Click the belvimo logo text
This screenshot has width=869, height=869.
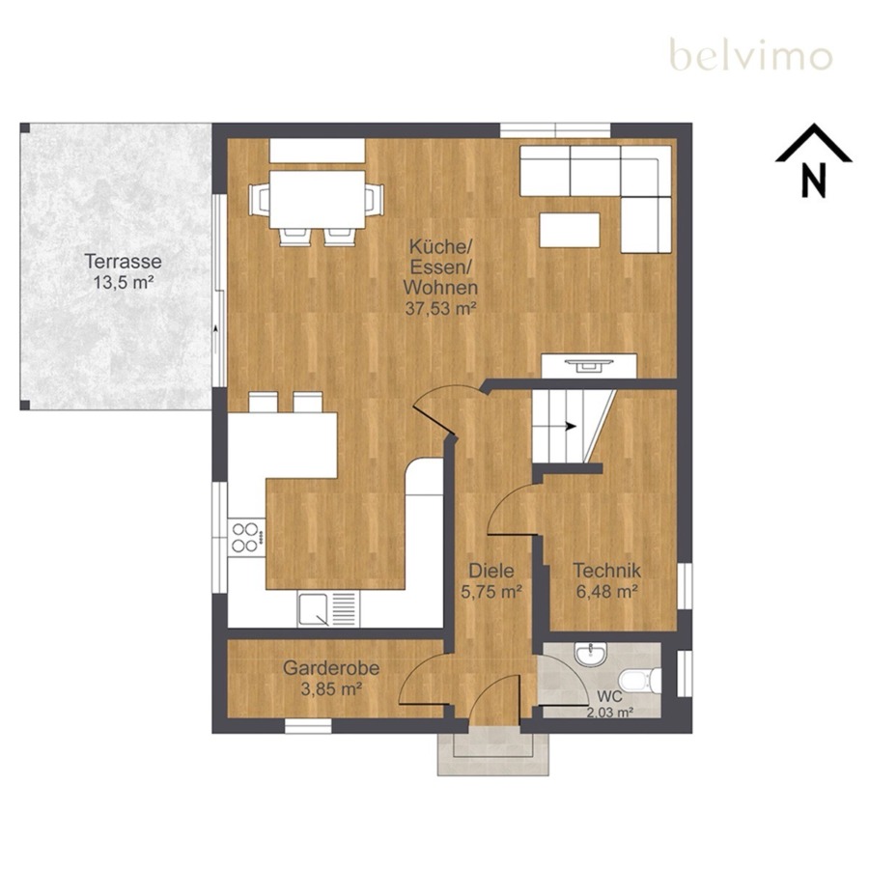click(751, 55)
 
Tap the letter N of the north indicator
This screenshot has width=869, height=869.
click(814, 180)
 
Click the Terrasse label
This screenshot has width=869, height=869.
click(123, 261)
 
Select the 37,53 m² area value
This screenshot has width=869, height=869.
click(440, 309)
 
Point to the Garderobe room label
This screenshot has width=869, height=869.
click(331, 668)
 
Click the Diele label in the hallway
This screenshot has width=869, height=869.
click(491, 571)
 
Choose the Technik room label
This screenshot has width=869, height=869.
click(607, 570)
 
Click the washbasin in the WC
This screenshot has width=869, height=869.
click(591, 654)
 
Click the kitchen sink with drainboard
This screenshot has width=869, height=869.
click(328, 609)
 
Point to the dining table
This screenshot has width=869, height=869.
click(318, 199)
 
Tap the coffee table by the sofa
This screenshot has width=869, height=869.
click(570, 230)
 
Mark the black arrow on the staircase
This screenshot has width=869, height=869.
click(571, 426)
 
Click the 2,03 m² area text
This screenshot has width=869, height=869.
click(609, 713)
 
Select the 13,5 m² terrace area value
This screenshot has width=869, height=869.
click(123, 282)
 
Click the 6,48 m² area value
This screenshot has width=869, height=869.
click(606, 591)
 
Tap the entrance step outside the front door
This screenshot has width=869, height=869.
click(493, 754)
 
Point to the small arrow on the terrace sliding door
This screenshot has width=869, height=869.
click(215, 329)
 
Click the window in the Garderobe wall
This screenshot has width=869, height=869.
click(308, 726)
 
